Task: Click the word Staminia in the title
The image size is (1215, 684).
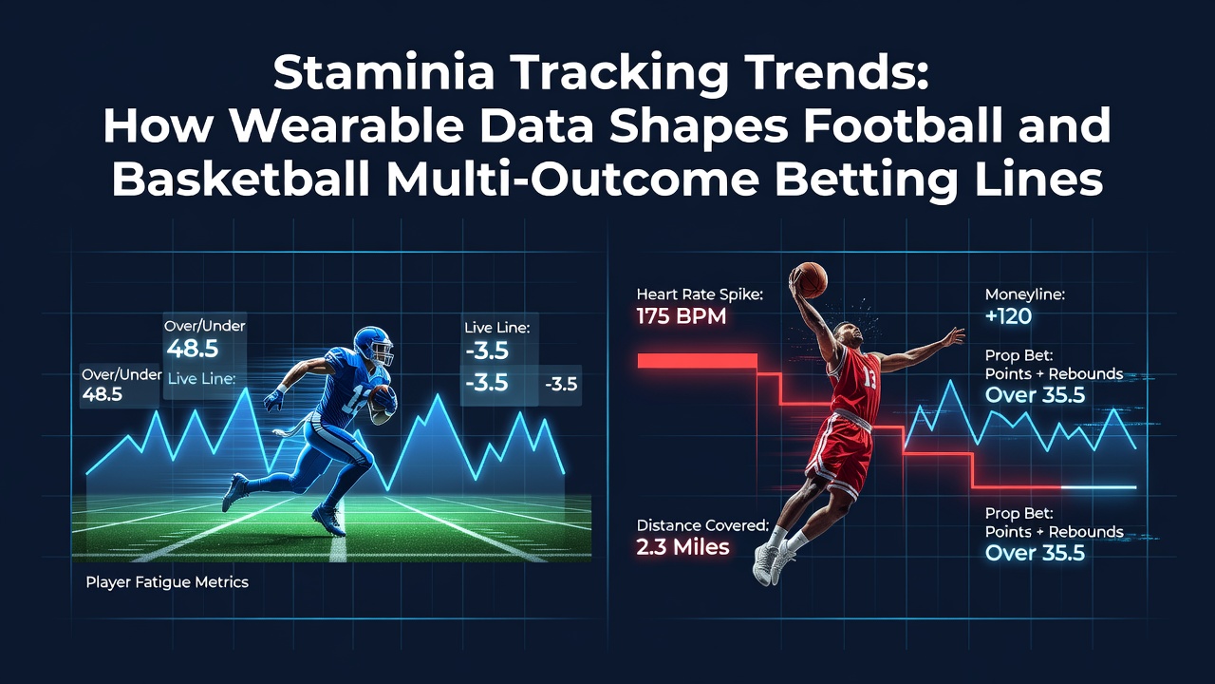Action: click(x=383, y=73)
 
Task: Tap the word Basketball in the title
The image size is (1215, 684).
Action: click(x=241, y=179)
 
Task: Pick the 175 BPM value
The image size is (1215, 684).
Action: click(x=682, y=316)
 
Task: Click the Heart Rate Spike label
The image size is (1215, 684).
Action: click(x=700, y=294)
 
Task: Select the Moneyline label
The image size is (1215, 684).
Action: click(x=1025, y=294)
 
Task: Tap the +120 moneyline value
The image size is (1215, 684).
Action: click(x=1008, y=316)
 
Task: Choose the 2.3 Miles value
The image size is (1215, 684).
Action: click(x=682, y=547)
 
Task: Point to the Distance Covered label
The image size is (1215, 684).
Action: click(x=702, y=525)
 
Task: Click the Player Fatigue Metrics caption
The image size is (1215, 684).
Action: click(x=167, y=582)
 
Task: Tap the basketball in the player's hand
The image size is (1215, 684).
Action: click(x=811, y=280)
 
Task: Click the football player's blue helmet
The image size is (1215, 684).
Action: click(x=373, y=346)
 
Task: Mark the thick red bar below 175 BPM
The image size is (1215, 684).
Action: click(x=697, y=361)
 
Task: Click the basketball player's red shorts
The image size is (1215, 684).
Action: click(x=838, y=453)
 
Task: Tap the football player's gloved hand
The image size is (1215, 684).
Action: click(x=274, y=400)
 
